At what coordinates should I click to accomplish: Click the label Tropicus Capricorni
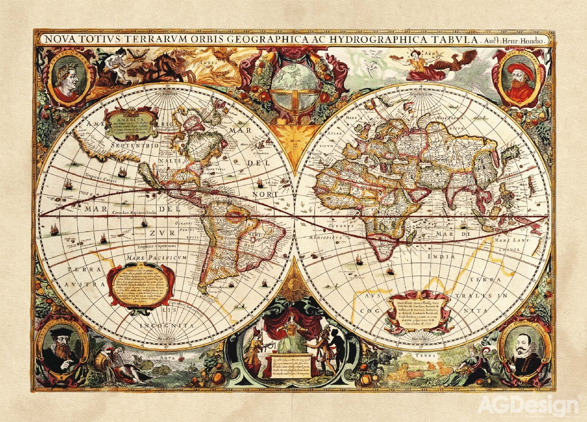tap(156, 246)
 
